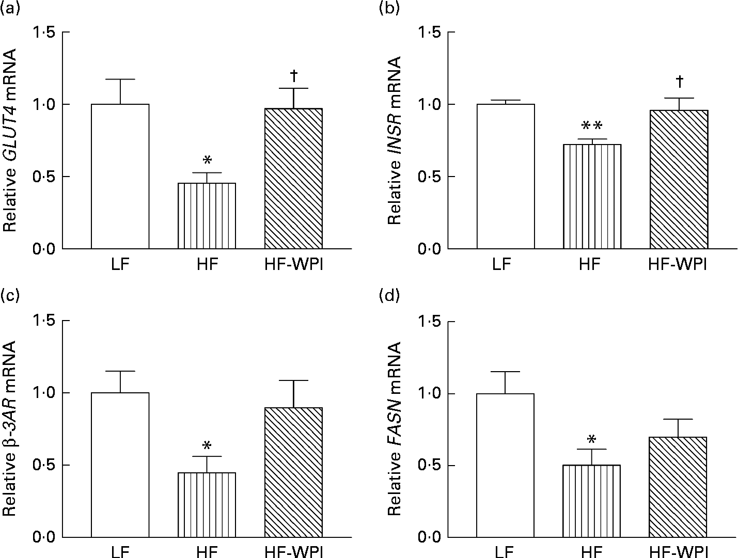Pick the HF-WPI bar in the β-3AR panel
click(293, 472)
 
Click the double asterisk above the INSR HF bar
click(592, 126)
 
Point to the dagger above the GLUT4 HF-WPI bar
click(293, 76)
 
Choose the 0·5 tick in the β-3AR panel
click(45, 466)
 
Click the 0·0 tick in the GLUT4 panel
click(45, 249)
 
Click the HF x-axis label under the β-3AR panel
click(207, 552)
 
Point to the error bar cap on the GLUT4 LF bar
click(120, 79)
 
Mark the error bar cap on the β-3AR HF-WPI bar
click(293, 380)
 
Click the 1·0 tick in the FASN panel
click(431, 394)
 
